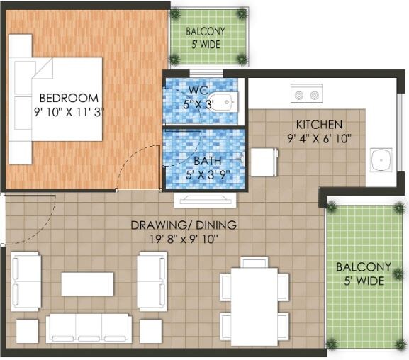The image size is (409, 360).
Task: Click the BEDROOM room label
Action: coord(69,98)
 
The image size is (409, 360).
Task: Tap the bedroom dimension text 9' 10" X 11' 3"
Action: coord(69,111)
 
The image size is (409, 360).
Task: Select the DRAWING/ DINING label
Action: coord(184,226)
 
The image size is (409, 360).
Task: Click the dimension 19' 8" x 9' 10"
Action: coord(184,240)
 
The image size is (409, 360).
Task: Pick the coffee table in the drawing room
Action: coord(87,283)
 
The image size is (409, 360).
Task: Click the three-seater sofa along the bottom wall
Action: coord(89,328)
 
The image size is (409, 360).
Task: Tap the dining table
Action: coord(254,305)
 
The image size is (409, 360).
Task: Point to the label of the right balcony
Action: coord(363,274)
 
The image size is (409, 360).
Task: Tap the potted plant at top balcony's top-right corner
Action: coord(242,13)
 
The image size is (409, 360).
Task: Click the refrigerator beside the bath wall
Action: coord(264,162)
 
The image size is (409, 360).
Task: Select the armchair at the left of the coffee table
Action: coord(26,281)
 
